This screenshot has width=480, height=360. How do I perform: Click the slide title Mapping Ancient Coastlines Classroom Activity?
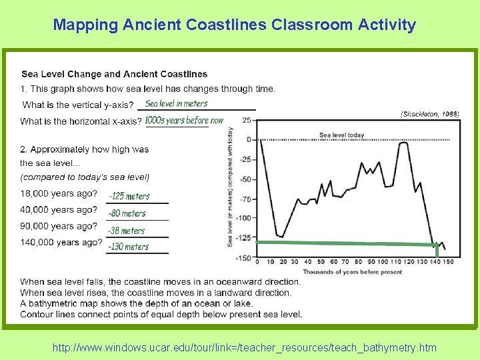pos(235,25)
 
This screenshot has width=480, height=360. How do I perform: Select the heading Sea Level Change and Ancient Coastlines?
pos(114,74)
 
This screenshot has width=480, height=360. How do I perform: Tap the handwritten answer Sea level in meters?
pos(176,103)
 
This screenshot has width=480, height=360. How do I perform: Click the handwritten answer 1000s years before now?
pos(184,121)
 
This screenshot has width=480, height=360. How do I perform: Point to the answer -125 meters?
pos(129,196)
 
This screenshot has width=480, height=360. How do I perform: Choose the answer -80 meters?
pos(127,213)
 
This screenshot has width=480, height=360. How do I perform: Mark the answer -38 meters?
pos(127,231)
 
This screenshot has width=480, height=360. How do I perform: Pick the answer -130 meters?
pos(129,247)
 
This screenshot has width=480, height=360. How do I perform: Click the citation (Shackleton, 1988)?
pos(429,114)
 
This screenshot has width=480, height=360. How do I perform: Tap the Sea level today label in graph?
pos(341,135)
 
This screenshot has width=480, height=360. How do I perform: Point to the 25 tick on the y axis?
pos(247,120)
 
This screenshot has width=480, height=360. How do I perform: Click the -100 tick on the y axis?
pos(244,218)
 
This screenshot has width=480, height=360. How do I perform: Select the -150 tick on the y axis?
pos(244,257)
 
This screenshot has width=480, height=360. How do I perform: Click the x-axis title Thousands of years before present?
pos(352,272)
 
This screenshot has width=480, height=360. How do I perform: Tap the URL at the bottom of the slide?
pos(245,347)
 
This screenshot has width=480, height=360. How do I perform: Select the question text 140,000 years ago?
pos(61,242)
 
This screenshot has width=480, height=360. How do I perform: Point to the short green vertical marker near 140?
pos(437,250)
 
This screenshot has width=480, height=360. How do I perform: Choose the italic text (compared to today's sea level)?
pos(85,177)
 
